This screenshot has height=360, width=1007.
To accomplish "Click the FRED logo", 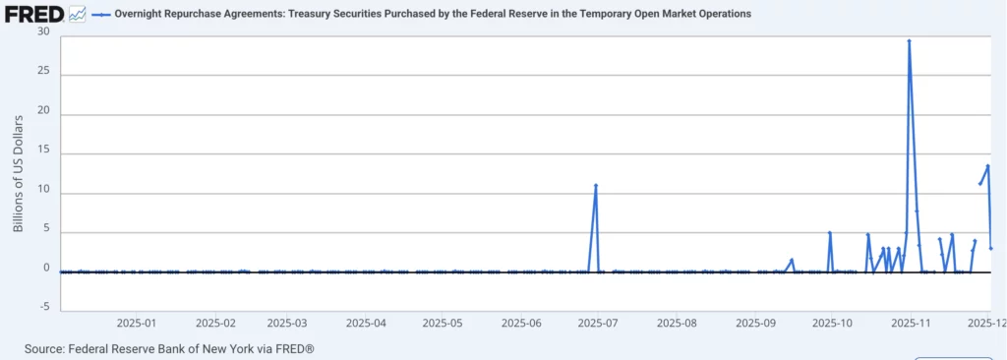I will (32, 14).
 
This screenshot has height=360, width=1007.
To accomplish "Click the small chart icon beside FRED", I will (78, 14).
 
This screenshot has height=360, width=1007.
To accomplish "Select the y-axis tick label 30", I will (43, 30).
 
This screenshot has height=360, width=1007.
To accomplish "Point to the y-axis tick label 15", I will (43, 153).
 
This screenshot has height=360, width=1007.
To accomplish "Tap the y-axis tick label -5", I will (42, 307).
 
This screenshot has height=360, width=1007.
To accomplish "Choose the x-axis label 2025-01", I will (137, 322).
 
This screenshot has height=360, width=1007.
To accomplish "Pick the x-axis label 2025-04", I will (365, 322).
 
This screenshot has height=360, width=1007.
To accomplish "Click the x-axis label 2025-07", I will (597, 322).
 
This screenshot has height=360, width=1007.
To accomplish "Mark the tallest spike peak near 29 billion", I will (909, 41).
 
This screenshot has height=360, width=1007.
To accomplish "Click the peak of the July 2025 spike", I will (596, 185).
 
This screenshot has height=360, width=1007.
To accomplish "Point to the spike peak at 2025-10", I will (830, 233).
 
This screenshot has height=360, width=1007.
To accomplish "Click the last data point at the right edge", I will (991, 248).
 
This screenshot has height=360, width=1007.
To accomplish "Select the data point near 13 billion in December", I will (987, 166).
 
